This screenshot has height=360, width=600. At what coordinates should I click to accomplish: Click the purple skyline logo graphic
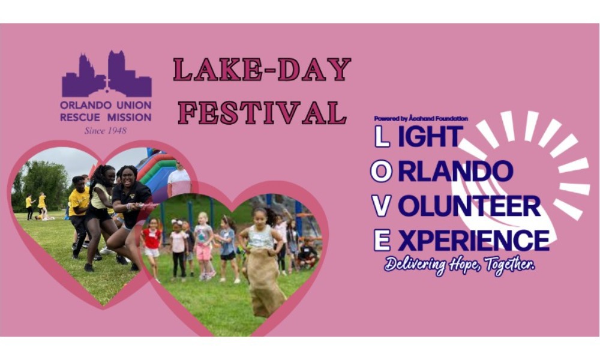pyautogui.click(x=106, y=76)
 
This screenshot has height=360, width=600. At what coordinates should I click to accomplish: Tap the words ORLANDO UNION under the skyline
pyautogui.click(x=106, y=106)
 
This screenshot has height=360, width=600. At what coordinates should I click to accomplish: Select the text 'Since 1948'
pyautogui.click(x=106, y=130)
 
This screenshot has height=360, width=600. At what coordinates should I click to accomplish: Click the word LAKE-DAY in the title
pyautogui.click(x=262, y=70)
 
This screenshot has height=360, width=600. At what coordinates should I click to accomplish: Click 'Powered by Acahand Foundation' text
pyautogui.click(x=421, y=119)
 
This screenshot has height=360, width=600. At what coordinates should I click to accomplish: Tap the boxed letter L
pyautogui.click(x=382, y=137)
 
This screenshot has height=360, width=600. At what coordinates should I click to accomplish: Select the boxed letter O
pyautogui.click(x=382, y=171)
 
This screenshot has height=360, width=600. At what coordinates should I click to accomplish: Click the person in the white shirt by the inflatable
pyautogui.click(x=179, y=180)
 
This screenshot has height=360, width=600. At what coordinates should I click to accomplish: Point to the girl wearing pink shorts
pyautogui.click(x=204, y=246)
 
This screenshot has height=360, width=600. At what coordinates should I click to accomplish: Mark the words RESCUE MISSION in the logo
pyautogui.click(x=106, y=118)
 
